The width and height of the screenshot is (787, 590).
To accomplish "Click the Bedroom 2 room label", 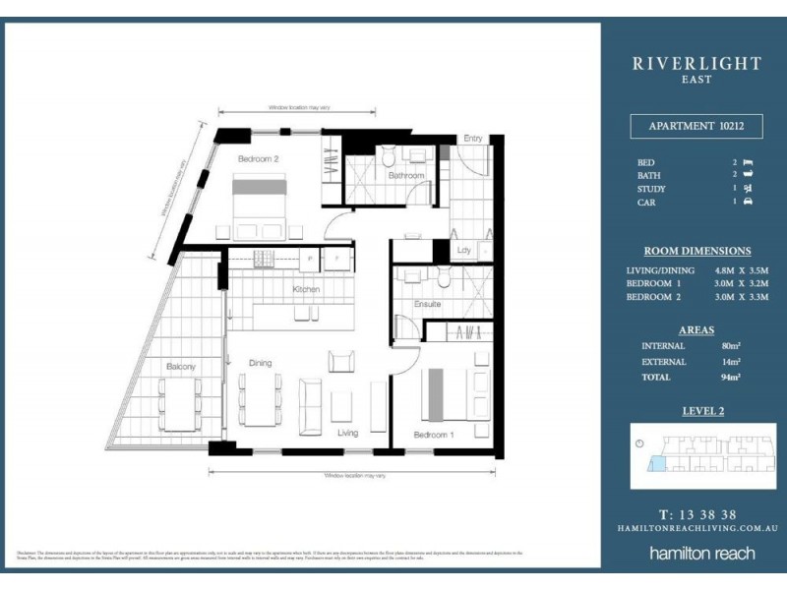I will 260,157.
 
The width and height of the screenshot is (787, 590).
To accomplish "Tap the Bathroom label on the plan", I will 405,175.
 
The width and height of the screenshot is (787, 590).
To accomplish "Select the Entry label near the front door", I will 473,139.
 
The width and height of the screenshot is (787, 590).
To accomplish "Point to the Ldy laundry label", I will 464,251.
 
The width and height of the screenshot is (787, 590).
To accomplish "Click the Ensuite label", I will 427,304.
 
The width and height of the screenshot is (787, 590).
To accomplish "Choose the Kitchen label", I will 307,289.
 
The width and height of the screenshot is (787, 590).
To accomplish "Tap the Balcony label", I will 180,366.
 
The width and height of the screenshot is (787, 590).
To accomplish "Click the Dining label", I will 260,363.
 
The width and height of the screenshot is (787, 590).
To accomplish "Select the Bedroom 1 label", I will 433,434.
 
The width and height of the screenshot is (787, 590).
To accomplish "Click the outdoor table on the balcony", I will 180,403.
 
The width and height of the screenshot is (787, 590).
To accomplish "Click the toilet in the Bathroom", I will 390,156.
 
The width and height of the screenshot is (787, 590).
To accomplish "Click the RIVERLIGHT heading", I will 696,63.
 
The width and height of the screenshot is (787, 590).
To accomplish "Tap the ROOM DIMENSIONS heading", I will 696,251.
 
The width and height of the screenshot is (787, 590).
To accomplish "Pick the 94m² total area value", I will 730,376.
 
